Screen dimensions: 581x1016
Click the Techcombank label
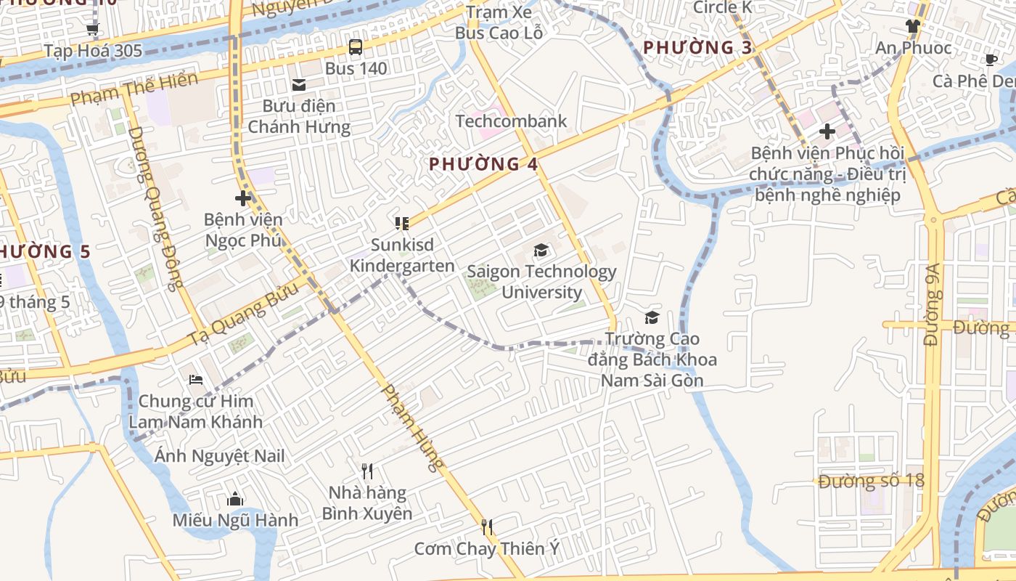click(511, 121)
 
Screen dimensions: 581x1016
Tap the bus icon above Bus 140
click(355, 47)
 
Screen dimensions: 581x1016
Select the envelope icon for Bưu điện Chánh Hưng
click(298, 85)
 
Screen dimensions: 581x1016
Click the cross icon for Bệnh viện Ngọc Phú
click(242, 198)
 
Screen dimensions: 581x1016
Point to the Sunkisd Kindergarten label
click(402, 256)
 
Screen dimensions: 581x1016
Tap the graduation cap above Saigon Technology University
click(541, 251)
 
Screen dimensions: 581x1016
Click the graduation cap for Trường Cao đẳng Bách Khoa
click(652, 317)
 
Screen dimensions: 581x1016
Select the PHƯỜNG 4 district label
click(483, 164)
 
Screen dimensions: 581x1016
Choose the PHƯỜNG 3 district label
click(697, 48)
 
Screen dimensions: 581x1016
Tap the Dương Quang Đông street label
click(155, 208)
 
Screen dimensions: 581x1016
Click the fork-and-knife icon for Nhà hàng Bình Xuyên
click(367, 471)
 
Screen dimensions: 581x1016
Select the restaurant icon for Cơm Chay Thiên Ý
click(487, 527)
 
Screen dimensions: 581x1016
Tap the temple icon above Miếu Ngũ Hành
click(234, 499)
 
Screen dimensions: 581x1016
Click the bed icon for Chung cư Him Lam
click(195, 380)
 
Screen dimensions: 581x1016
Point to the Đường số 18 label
click(871, 481)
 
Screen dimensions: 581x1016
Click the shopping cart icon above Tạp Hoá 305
click(92, 30)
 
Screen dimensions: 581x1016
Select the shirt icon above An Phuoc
click(912, 26)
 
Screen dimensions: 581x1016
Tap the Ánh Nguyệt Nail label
click(219, 456)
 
